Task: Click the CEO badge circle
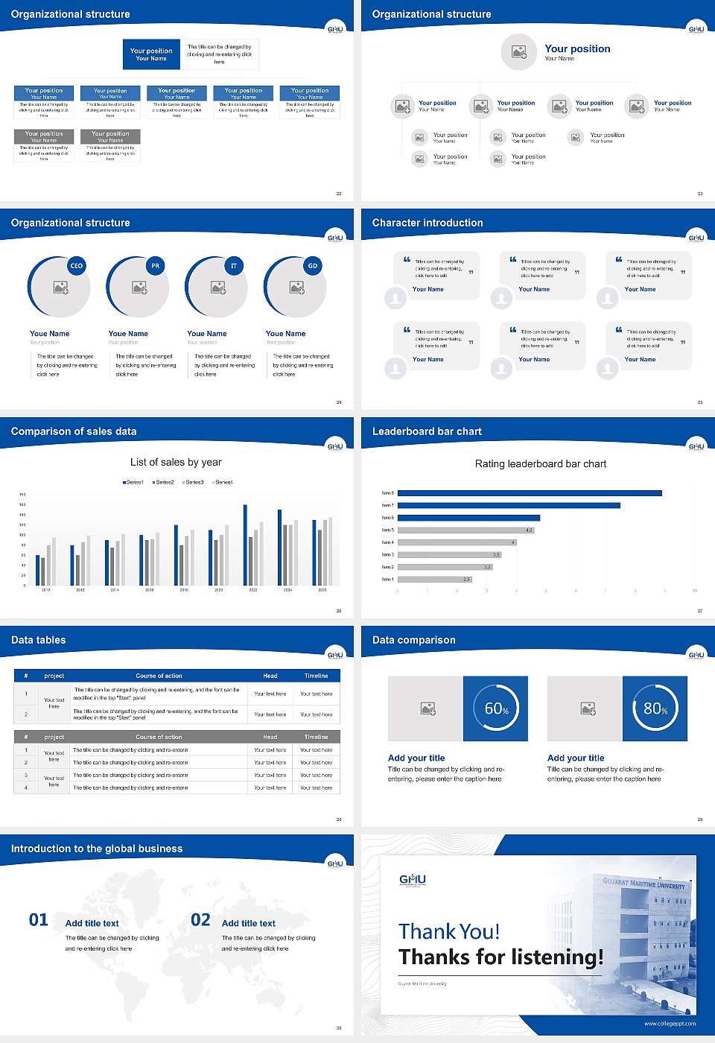[76, 266]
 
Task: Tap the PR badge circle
[155, 266]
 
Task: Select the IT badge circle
[234, 266]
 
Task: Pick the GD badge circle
[313, 266]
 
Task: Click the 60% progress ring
[495, 708]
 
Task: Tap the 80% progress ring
[655, 708]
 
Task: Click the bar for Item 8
[530, 493]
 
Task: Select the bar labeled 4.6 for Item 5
[465, 530]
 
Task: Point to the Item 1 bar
[434, 579]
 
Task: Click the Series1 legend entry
[133, 482]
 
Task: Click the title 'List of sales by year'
[176, 462]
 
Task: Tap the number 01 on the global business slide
[39, 920]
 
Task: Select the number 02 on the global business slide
[200, 920]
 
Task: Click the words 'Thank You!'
[449, 931]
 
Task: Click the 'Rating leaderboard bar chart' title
[540, 463]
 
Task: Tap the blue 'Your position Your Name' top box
[151, 54]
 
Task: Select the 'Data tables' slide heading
[39, 640]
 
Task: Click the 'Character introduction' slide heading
[428, 223]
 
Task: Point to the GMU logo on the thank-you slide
[413, 880]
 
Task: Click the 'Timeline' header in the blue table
[316, 676]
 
